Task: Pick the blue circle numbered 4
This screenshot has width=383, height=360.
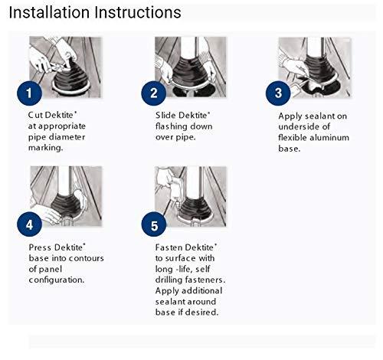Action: click(x=28, y=225)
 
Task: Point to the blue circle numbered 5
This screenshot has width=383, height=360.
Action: click(x=153, y=225)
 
